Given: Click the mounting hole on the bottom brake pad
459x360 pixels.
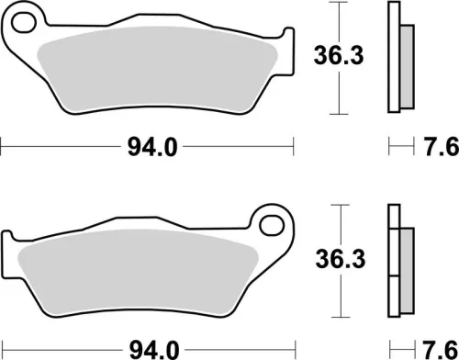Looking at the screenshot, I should tap(271, 223).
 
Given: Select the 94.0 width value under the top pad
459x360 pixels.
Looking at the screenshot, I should tap(148, 145).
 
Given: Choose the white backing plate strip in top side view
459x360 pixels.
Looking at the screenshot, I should tap(395, 57).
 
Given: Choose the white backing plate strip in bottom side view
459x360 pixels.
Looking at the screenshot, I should tap(395, 263).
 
